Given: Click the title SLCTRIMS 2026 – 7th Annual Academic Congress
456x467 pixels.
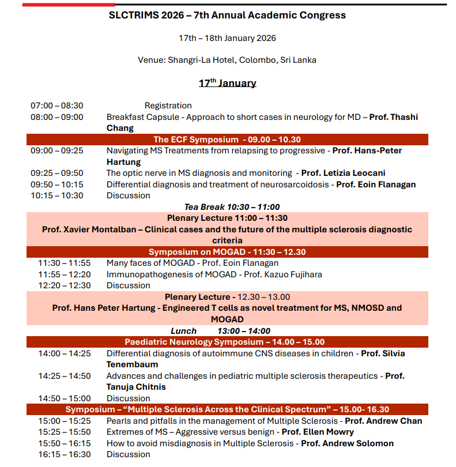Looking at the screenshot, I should click(x=227, y=15).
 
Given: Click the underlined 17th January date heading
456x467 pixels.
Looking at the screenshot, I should click(x=227, y=83).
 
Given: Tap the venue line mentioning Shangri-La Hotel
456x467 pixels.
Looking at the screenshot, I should click(x=227, y=60).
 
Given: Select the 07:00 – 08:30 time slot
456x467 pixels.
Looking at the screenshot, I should click(x=56, y=106).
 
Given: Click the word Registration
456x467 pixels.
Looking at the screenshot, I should click(x=168, y=106).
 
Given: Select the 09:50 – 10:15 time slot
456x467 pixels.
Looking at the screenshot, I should click(x=56, y=184).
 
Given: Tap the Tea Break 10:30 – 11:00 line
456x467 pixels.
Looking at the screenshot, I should click(x=232, y=207).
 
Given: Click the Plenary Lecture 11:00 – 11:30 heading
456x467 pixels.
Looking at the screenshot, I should click(x=227, y=218).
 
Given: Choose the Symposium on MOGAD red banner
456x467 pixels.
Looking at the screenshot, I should click(x=227, y=252).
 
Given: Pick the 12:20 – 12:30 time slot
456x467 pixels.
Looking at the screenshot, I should click(x=65, y=285).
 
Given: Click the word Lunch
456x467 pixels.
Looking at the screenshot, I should click(x=183, y=331).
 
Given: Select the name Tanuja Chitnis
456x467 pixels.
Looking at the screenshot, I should click(x=136, y=387).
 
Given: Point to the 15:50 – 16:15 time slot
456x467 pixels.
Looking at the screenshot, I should click(x=65, y=443).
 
